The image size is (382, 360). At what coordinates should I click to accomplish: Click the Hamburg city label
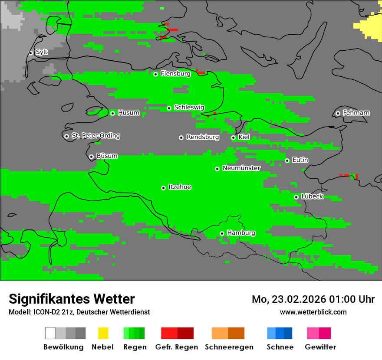(241, 233)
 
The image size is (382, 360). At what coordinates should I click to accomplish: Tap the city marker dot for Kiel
(233, 137)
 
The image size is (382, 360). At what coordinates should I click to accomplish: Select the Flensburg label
(175, 74)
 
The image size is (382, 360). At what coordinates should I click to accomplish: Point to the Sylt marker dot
(31, 53)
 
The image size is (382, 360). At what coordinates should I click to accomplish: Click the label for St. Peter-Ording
(95, 136)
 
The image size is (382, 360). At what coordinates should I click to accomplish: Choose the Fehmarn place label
(356, 113)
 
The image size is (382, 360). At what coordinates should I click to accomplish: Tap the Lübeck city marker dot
(296, 197)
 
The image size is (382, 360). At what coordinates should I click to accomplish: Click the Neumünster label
(241, 168)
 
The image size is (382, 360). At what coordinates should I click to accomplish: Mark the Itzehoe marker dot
(163, 188)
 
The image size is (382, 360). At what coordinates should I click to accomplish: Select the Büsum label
(107, 156)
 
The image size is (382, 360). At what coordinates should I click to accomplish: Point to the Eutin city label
(300, 160)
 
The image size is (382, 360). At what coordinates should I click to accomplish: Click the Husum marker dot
(112, 113)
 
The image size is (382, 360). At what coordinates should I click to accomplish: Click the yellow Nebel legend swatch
(103, 333)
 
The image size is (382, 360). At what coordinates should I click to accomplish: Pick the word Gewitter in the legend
(320, 347)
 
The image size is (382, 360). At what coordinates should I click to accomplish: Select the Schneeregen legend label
(229, 347)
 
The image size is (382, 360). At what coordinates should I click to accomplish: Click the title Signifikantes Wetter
(72, 299)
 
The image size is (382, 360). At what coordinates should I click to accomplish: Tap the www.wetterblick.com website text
(313, 312)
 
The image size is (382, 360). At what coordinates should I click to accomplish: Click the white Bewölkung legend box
(50, 333)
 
